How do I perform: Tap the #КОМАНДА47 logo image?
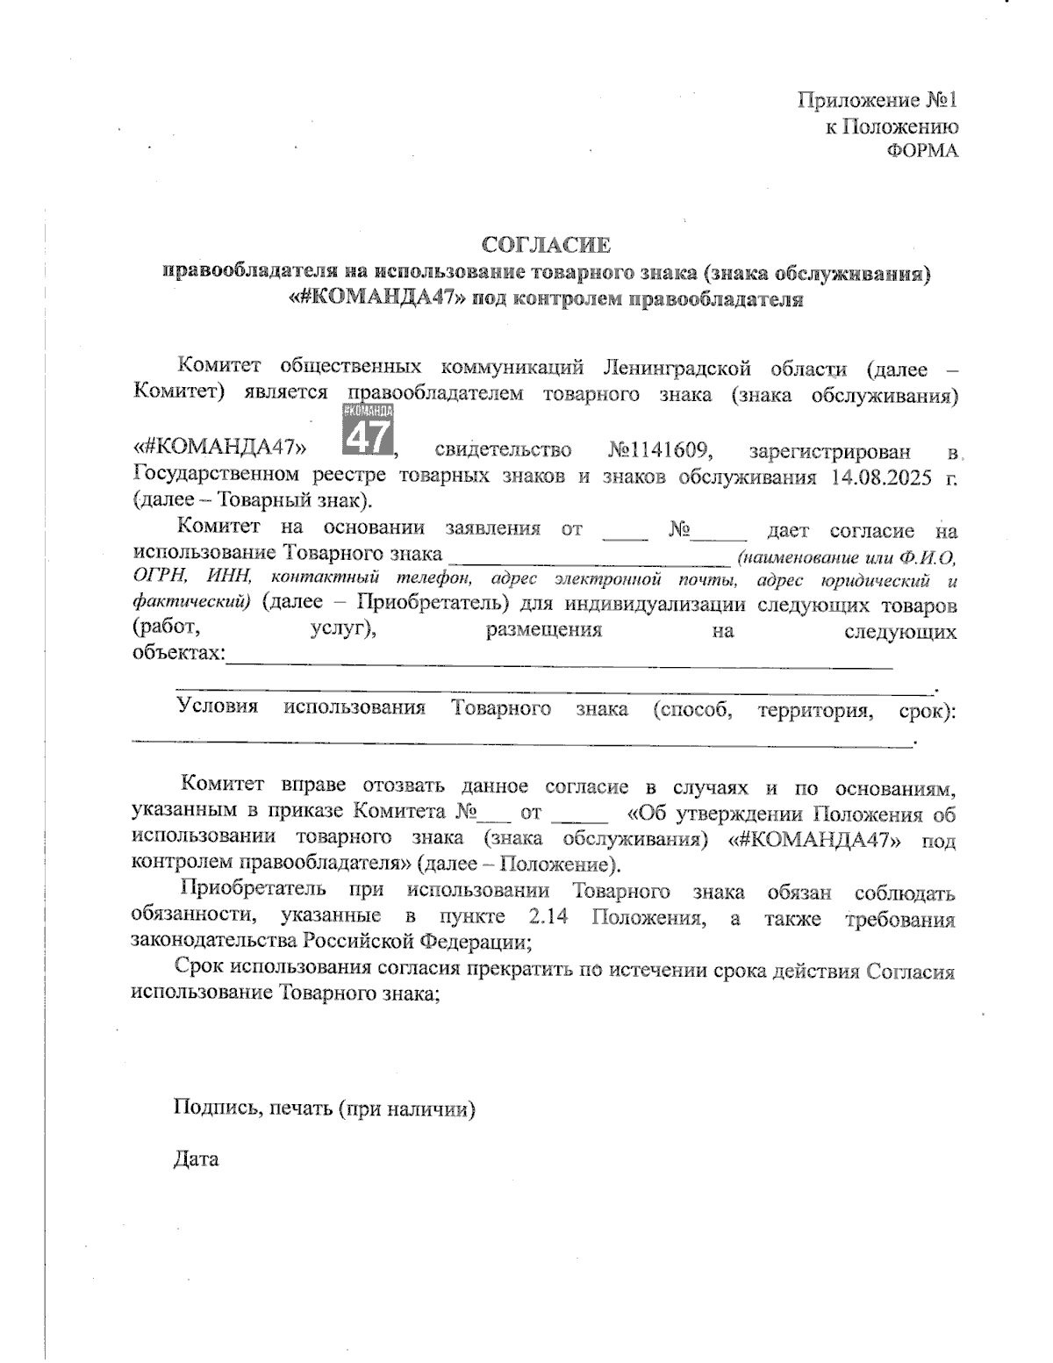[367, 429]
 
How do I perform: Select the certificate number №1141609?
[658, 451]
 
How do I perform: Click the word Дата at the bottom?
[196, 1159]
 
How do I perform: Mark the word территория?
[814, 710]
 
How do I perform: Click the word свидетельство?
[504, 451]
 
